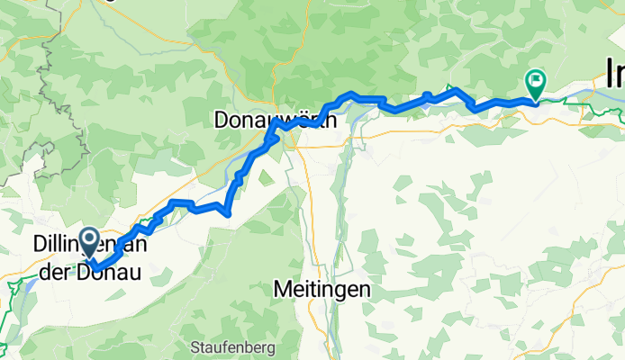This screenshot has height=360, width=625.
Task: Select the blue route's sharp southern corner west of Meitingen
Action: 229,213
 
